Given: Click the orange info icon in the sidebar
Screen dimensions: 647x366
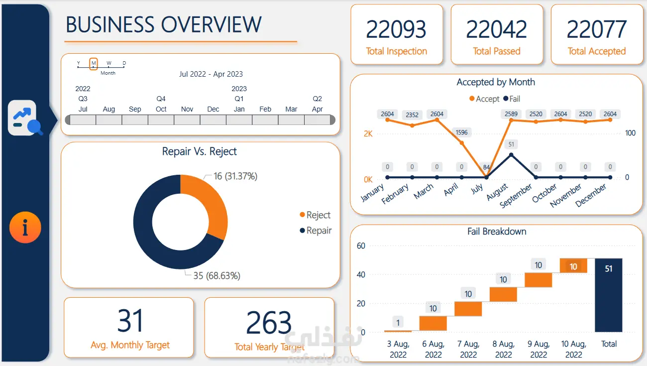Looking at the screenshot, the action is [x=25, y=227].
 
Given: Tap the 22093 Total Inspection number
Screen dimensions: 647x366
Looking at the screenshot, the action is [x=396, y=29].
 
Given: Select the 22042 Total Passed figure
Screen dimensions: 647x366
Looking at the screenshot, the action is [x=496, y=29].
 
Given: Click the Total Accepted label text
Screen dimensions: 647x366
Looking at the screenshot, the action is [x=597, y=51].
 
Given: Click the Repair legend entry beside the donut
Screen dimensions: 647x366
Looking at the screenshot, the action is [x=316, y=231].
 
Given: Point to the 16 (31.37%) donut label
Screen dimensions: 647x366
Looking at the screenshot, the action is [x=235, y=176].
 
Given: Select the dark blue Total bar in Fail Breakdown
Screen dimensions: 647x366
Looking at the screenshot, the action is [x=609, y=295].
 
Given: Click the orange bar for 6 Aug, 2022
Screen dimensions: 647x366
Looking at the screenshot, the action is [x=433, y=323].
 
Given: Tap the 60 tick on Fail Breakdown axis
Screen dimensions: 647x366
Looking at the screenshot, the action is [x=361, y=245].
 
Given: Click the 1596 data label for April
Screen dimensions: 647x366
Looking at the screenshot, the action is [x=461, y=132].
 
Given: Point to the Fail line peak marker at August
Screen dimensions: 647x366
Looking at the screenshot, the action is [x=511, y=155].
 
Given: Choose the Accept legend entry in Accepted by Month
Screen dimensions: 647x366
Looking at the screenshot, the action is [x=484, y=99].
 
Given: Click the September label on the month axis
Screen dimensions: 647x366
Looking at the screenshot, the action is [x=516, y=195].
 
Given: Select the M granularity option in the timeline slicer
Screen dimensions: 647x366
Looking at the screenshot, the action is [x=93, y=63].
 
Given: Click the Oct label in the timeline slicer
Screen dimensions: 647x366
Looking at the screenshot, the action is [x=161, y=109].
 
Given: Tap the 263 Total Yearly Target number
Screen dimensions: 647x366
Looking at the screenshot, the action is [x=269, y=322].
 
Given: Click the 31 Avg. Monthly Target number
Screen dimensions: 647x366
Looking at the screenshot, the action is [x=130, y=321].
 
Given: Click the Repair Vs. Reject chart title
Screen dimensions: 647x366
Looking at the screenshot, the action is [x=199, y=151].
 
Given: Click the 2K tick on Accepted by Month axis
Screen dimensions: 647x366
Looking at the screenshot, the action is [x=368, y=134].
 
